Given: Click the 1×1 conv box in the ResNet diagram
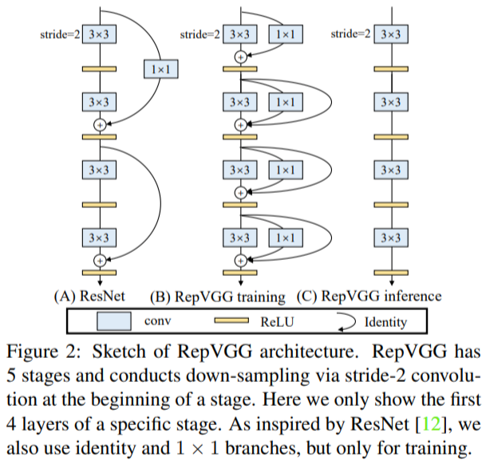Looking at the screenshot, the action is [161, 69].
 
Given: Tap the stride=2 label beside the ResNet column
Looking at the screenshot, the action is [60, 34].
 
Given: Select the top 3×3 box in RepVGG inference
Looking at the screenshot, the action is [391, 34].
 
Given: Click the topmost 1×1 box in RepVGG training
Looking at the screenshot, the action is [286, 34].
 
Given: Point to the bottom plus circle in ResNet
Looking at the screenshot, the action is [100, 261].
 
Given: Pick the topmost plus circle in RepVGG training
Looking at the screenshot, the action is [240, 57].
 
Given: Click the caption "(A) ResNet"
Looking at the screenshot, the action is [89, 297].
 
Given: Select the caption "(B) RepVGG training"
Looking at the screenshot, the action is [218, 297].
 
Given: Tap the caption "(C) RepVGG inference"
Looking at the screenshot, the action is [369, 297].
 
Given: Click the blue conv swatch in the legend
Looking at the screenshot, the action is [114, 321].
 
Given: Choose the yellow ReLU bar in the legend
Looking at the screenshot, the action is [231, 320].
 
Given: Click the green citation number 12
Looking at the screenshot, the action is [431, 423].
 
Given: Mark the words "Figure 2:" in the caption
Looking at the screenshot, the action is [44, 352].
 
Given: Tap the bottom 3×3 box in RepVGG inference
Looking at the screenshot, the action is [391, 238].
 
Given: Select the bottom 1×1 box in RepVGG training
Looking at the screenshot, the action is [286, 238].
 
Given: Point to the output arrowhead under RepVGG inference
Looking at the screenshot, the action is [392, 283].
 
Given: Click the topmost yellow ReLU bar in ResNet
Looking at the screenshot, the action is [99, 69].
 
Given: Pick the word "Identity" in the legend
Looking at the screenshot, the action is [385, 322].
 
